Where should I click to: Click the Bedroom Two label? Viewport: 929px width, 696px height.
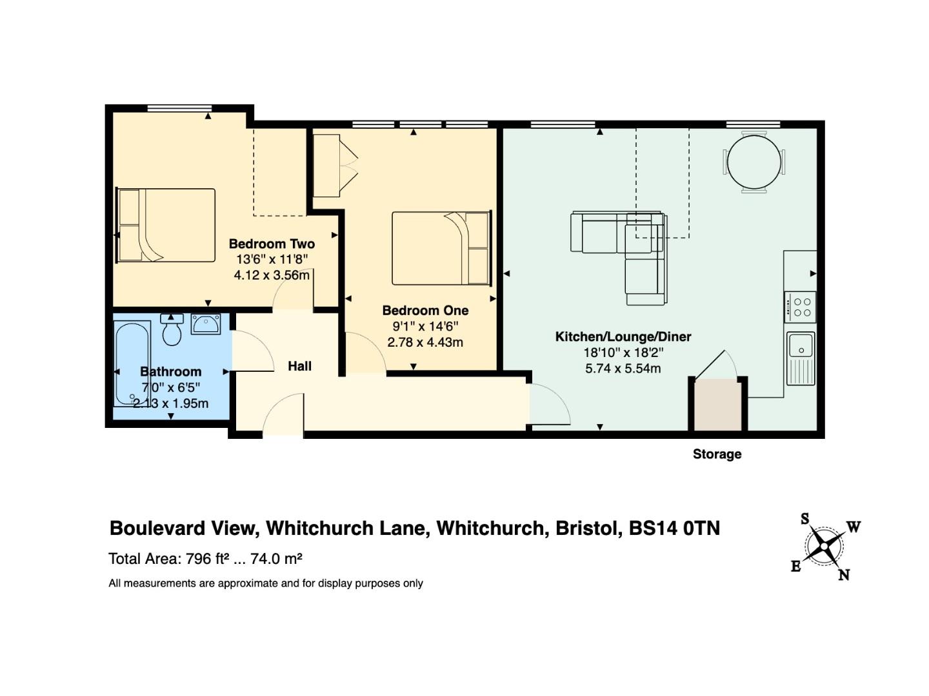[x=272, y=244]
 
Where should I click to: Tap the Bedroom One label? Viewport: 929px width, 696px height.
[x=425, y=311]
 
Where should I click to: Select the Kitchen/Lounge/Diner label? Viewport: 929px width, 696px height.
[x=623, y=337]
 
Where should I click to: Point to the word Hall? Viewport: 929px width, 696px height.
[x=299, y=366]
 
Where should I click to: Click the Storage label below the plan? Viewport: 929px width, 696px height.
[x=717, y=454]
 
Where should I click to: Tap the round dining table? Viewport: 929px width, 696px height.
[x=754, y=162]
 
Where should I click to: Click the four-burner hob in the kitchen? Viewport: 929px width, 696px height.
[x=800, y=307]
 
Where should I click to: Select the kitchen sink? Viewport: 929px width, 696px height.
[x=801, y=358]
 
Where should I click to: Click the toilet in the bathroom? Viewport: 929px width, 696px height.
[x=172, y=329]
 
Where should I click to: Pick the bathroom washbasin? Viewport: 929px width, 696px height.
[x=206, y=324]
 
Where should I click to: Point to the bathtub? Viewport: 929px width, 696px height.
[x=132, y=364]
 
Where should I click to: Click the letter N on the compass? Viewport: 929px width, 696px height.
[x=844, y=575]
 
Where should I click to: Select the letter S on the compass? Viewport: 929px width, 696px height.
[x=804, y=519]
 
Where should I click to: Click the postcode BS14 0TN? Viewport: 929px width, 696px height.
[x=674, y=528]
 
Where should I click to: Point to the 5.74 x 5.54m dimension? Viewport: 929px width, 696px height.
[x=623, y=369]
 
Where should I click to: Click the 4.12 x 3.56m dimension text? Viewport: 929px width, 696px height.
[x=272, y=276]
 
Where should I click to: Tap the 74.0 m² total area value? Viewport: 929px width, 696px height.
[x=276, y=559]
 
